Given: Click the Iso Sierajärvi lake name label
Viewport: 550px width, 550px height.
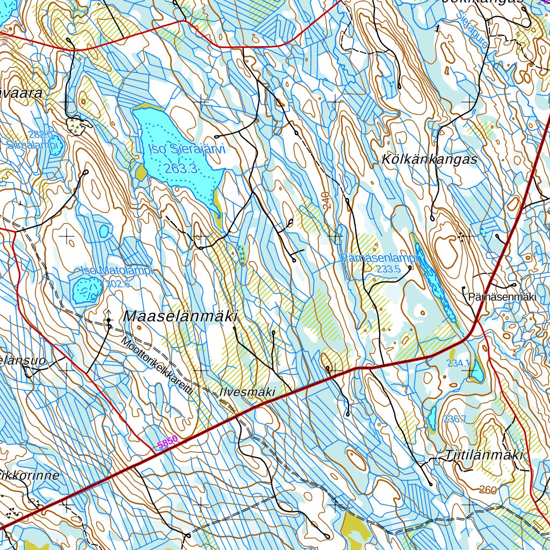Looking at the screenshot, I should point(183,150).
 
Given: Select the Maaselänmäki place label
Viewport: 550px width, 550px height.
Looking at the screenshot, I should point(180,317).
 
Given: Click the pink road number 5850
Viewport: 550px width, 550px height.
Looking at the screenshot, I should point(167,442).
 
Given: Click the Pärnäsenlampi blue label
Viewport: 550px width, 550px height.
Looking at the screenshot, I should point(379,258).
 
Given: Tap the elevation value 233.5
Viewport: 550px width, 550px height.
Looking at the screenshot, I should point(389,269).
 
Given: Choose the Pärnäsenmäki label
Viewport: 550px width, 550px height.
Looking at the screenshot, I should point(502,296).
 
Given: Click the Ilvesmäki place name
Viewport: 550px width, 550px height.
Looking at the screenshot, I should point(248,392).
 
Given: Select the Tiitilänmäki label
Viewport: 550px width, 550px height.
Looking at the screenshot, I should point(484,455).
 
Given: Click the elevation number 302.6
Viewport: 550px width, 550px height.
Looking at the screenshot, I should point(118,284).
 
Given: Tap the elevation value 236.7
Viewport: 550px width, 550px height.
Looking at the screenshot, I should point(454,418).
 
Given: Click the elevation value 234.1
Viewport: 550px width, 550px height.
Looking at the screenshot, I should point(457,363).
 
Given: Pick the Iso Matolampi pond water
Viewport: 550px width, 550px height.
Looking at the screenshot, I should point(85,290).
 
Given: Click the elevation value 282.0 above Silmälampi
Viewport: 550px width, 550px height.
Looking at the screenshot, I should point(41,134).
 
